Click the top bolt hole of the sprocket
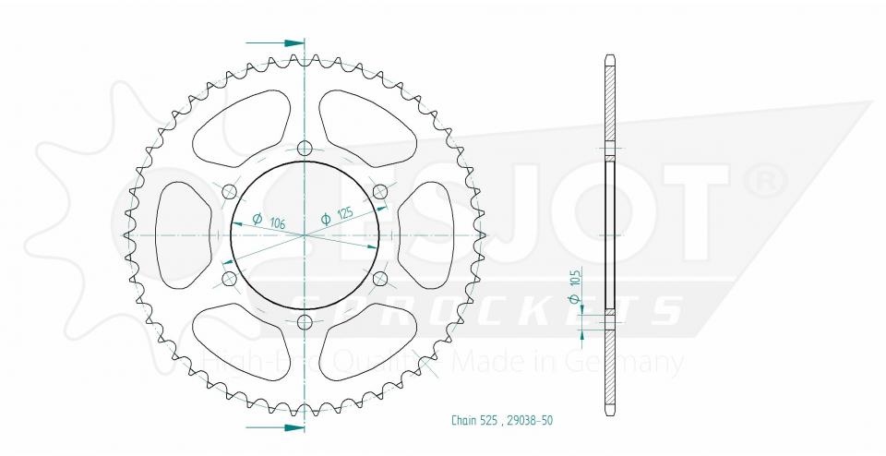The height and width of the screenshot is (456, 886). pos(305,147)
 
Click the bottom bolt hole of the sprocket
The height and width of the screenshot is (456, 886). pos(305,322)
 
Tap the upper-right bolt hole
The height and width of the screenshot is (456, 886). pos(379,191)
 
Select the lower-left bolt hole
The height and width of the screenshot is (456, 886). pos(228,279)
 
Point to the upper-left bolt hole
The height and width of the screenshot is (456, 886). pos(228,191)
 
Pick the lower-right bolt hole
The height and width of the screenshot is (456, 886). pos(379,279)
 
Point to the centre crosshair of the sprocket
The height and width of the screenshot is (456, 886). pos(305,235)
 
